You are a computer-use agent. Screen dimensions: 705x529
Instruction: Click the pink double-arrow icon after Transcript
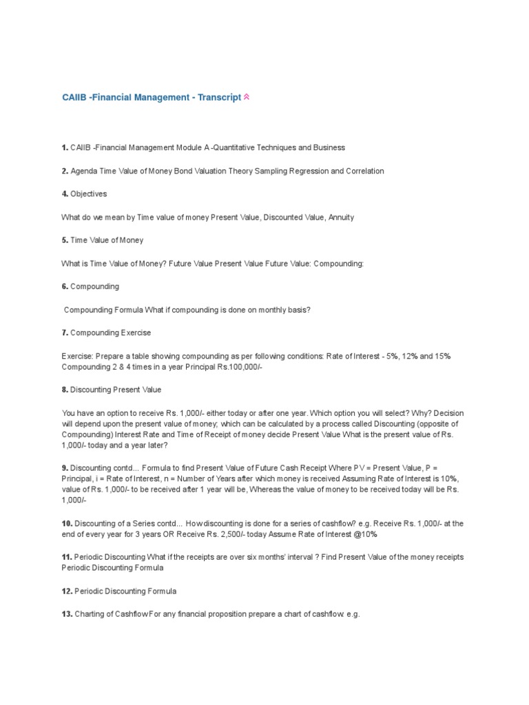[247, 97]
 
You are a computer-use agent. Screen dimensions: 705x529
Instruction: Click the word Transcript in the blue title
[219, 97]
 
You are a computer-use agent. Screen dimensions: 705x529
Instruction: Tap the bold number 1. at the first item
[65, 147]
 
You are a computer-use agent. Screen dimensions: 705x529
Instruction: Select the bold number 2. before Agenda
[65, 171]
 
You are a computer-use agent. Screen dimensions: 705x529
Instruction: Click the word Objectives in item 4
[88, 193]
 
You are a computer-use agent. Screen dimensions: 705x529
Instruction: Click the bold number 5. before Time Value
[65, 240]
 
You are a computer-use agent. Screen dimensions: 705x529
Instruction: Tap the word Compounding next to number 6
[94, 286]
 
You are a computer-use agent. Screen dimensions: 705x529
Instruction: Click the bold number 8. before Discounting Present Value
[65, 390]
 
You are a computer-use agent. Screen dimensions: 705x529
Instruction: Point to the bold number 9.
[65, 467]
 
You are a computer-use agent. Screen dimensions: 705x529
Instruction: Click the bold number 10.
[67, 523]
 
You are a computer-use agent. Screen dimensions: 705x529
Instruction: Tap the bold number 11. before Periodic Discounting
[67, 556]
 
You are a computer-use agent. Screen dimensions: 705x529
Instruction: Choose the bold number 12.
[67, 591]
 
